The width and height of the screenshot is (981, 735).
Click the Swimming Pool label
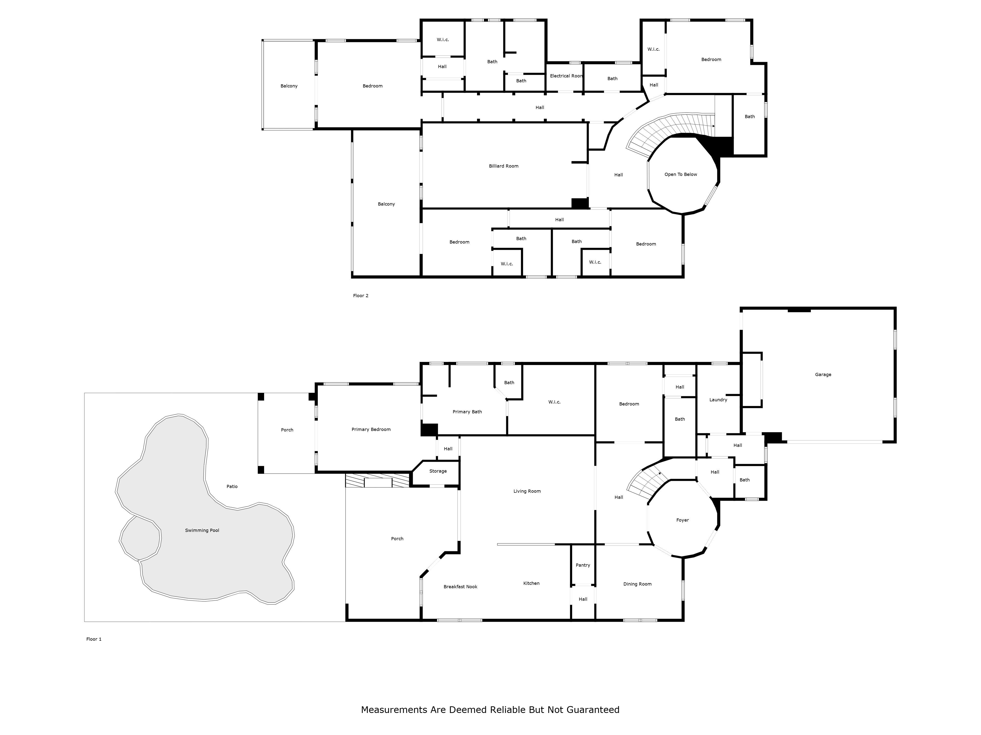point(202,530)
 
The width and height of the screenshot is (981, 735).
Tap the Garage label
point(823,374)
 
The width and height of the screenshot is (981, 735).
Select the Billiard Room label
point(504,166)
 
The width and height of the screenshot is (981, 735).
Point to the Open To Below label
point(681,174)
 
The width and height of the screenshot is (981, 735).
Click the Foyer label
point(683,520)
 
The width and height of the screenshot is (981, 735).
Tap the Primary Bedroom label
point(371,429)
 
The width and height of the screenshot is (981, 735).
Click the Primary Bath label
point(467,412)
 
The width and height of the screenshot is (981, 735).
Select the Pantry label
point(583,565)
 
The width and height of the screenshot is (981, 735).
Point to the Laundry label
point(718,400)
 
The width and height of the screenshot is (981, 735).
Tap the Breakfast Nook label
point(460,587)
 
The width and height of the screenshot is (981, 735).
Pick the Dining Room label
point(637,584)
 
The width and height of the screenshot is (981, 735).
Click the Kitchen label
point(531,583)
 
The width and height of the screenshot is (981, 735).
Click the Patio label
point(232,487)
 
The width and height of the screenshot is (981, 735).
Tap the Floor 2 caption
point(361,295)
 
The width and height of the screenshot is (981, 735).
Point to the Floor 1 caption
point(94,639)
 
